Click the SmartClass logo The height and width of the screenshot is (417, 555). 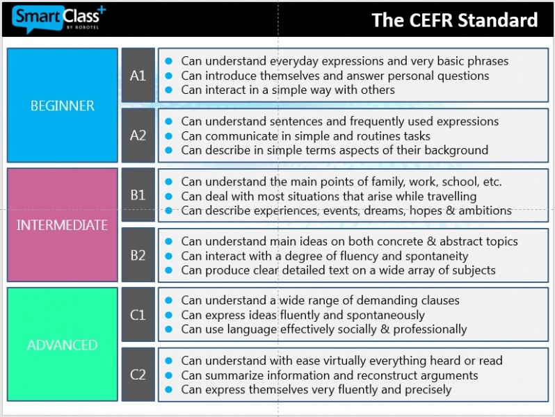[x=58, y=19]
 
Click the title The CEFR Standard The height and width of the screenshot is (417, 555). [x=454, y=19]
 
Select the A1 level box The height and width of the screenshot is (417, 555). [x=138, y=75]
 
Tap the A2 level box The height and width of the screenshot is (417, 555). [x=138, y=136]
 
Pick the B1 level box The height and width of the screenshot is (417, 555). [x=138, y=195]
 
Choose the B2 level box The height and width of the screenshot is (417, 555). [x=138, y=255]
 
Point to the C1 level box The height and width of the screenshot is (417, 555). [x=138, y=314]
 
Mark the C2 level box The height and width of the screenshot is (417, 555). [x=138, y=375]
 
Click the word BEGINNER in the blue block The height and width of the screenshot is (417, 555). [x=63, y=106]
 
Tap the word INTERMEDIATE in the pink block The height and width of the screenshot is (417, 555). [x=63, y=225]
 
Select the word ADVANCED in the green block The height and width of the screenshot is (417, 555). [x=63, y=345]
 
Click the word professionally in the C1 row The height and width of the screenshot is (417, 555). [x=430, y=329]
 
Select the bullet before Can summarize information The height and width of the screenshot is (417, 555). [x=169, y=375]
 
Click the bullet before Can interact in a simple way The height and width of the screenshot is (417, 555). [x=169, y=90]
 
